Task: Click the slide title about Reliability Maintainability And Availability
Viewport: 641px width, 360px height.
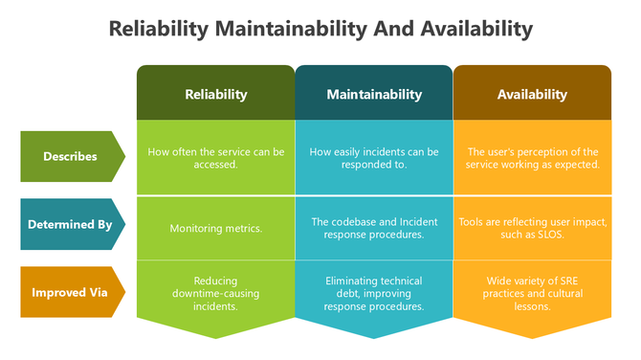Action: [320, 29]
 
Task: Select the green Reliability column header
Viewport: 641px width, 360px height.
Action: [215, 94]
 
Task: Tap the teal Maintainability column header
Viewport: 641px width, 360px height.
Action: [374, 94]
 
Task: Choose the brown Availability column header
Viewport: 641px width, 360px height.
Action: [532, 94]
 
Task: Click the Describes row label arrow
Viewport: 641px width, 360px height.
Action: [71, 156]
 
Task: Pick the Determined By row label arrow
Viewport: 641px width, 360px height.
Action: [71, 225]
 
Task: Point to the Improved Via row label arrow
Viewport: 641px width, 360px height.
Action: [71, 292]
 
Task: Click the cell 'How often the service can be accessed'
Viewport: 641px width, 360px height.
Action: [215, 157]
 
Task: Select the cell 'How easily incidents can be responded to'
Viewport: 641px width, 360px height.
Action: [374, 157]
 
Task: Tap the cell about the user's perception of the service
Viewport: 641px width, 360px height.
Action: [532, 157]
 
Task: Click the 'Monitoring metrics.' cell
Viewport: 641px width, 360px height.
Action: [215, 228]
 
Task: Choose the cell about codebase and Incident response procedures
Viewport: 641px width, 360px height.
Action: [374, 228]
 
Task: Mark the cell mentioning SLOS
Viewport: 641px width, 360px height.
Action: [532, 228]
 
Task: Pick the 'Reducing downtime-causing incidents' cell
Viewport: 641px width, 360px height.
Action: [215, 294]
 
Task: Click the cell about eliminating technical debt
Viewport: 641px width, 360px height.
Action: [374, 294]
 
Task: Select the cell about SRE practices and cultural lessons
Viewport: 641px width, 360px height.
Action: [532, 294]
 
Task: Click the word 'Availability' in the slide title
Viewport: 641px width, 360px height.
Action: [476, 29]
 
